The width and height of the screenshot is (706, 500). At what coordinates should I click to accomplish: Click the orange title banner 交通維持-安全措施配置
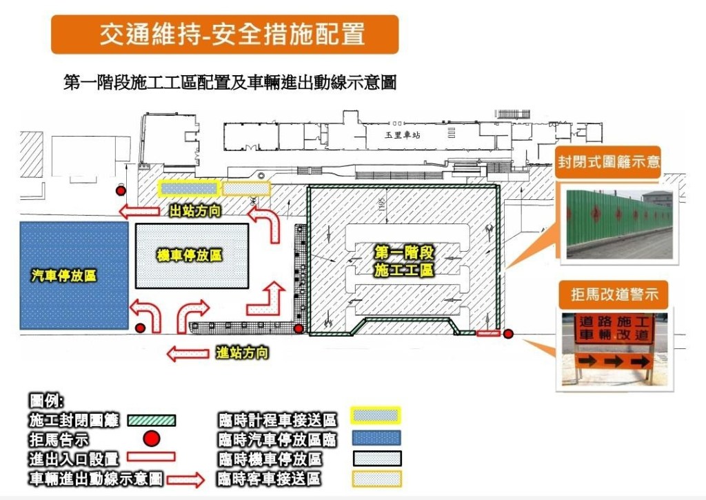click(225, 34)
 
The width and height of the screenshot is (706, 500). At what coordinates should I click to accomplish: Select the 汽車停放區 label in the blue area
click(63, 276)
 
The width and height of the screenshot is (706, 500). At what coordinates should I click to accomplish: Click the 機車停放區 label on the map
click(190, 255)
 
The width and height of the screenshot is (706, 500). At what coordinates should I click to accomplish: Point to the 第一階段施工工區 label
click(404, 260)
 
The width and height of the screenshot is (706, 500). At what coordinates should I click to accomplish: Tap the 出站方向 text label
click(195, 211)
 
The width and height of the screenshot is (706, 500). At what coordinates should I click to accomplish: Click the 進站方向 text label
click(242, 353)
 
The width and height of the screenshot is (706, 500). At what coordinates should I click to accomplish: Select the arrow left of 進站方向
click(188, 354)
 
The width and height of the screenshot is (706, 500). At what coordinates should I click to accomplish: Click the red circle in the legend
click(152, 438)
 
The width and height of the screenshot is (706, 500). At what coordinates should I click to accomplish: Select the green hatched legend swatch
click(150, 419)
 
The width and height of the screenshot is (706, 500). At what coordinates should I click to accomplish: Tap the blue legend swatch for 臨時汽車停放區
click(376, 438)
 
